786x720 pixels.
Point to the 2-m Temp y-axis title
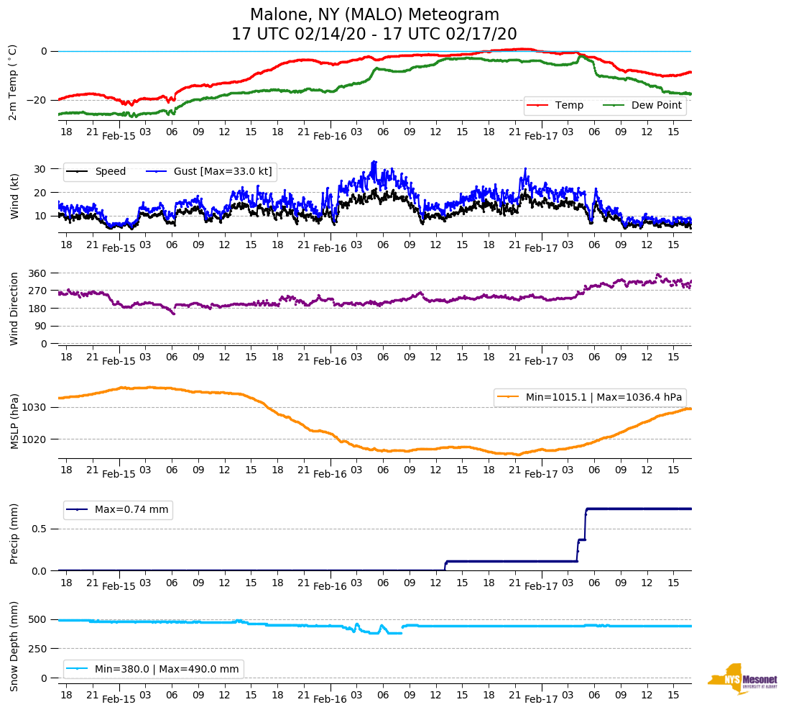click(x=12, y=81)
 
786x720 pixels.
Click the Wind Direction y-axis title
click(x=14, y=308)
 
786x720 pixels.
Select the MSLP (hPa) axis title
click(x=14, y=421)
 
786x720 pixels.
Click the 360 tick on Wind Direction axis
click(x=37, y=273)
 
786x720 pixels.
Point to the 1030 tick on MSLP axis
click(x=34, y=407)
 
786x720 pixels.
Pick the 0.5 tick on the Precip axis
click(x=40, y=529)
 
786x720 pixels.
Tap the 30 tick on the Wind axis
click(x=40, y=169)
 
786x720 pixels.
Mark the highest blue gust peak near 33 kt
click(x=374, y=162)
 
